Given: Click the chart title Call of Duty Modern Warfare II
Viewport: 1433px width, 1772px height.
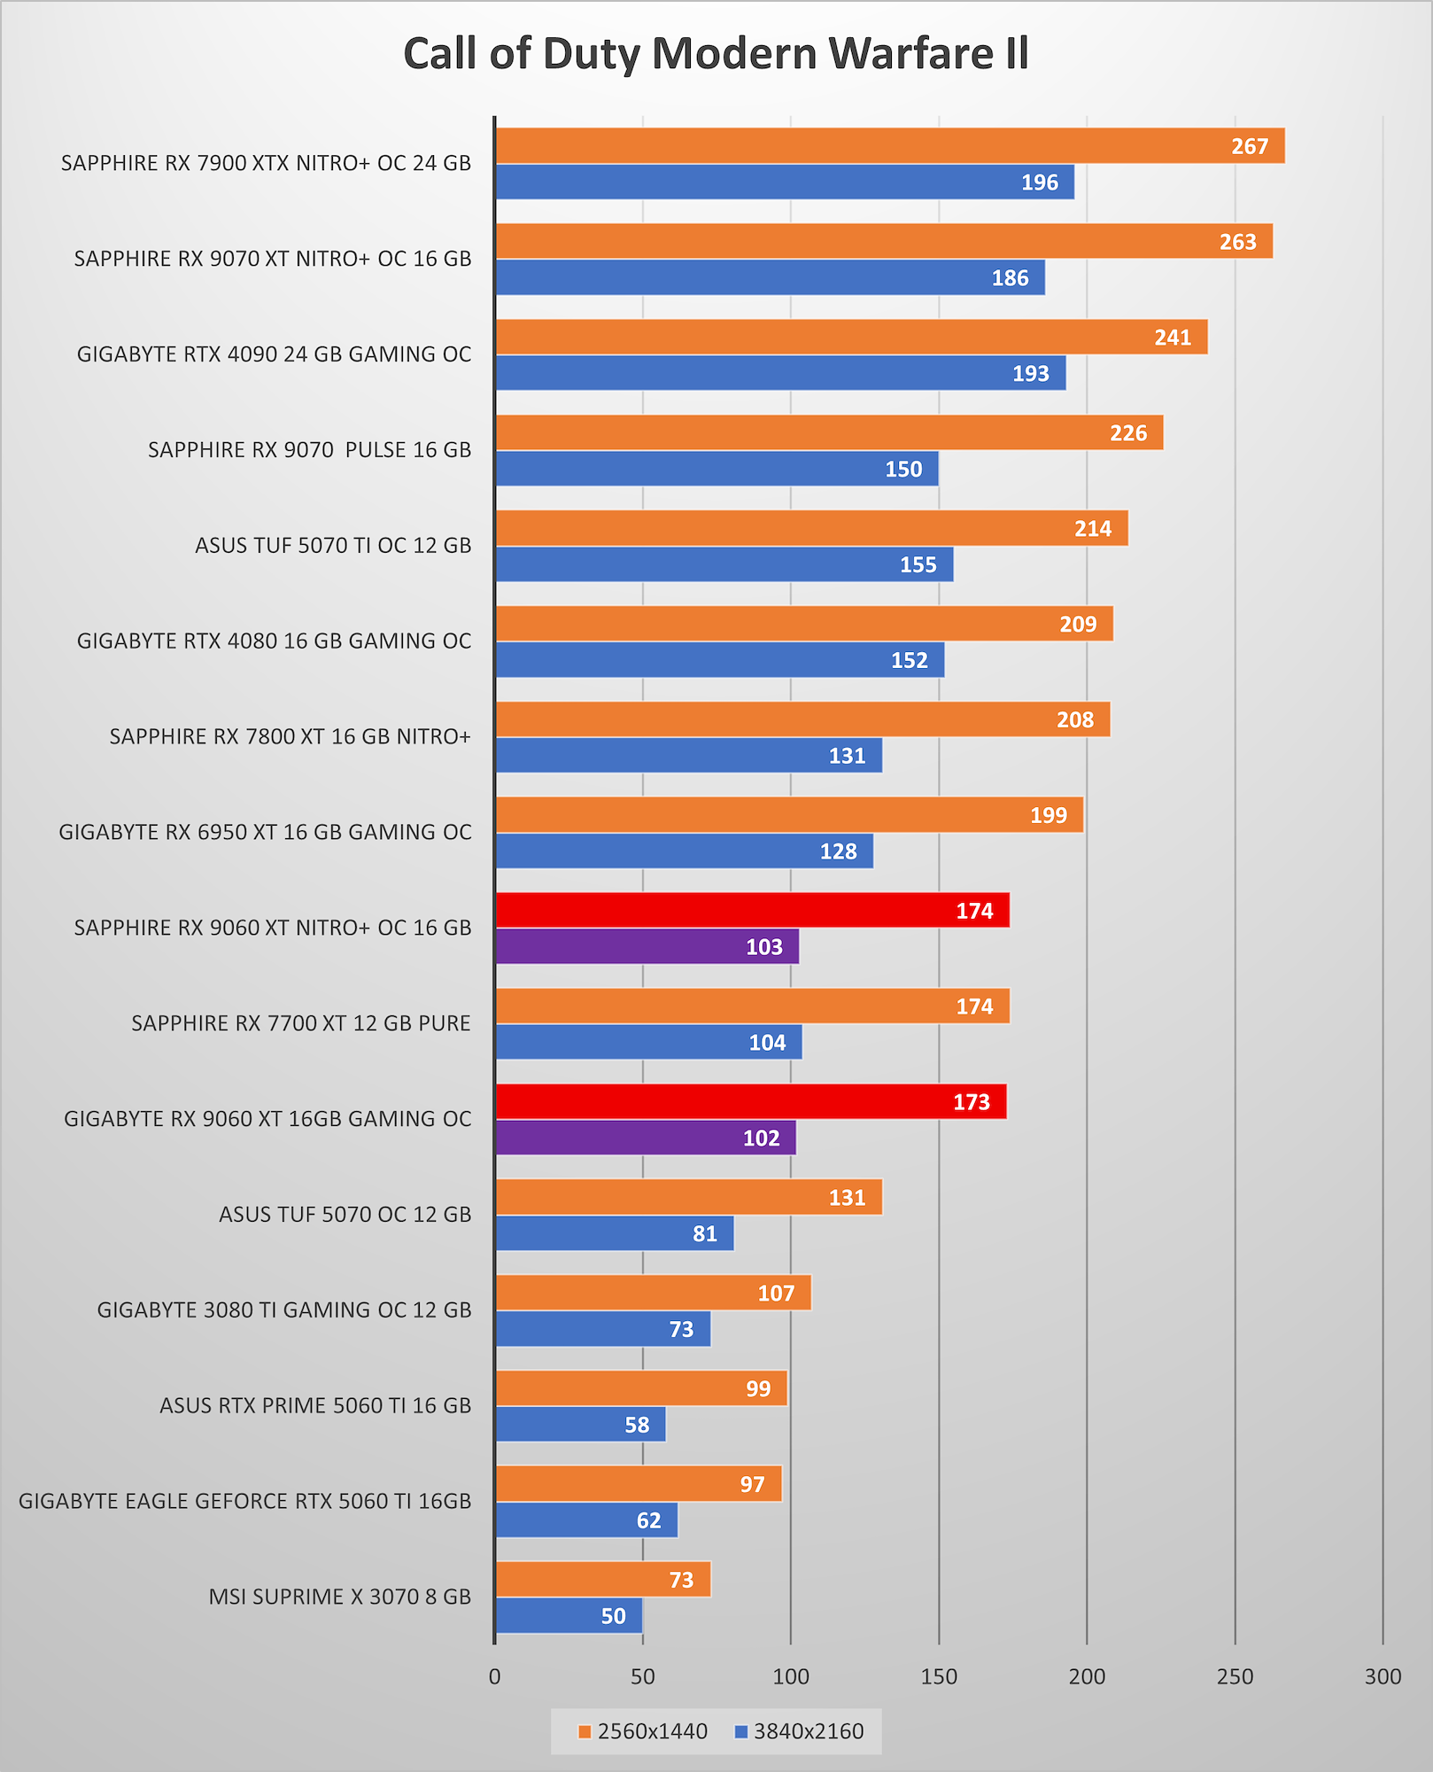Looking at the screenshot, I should [x=716, y=54].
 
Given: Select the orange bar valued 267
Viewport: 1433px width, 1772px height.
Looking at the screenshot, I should [x=889, y=146].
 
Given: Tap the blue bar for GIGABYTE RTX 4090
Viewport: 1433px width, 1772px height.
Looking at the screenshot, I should [x=779, y=373].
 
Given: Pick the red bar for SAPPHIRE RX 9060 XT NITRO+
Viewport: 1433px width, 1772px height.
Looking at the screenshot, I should [x=752, y=911].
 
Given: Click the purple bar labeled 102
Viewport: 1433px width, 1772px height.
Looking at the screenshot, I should [x=646, y=1138].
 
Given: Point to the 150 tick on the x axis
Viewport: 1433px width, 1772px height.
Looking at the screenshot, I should [x=939, y=1676].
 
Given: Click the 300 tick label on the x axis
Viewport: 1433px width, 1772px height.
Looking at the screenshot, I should [x=1383, y=1676].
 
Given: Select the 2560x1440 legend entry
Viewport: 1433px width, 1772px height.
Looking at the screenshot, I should [x=643, y=1731].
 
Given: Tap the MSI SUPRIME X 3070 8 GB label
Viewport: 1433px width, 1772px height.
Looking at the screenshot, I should [x=339, y=1597].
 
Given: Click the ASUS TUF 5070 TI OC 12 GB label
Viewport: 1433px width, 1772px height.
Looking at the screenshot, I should [x=333, y=545].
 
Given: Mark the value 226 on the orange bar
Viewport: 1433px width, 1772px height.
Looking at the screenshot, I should [x=1128, y=433].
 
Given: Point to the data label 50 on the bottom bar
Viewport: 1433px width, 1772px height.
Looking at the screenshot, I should [x=613, y=1616].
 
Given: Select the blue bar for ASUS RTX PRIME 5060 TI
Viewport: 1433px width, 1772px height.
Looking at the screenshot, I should [x=580, y=1425].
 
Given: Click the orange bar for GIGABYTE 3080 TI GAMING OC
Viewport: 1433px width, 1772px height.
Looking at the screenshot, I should [x=653, y=1294].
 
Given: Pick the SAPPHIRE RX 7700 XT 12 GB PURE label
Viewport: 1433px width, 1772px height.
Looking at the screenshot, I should [x=301, y=1023].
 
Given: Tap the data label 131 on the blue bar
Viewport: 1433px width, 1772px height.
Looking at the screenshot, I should [x=847, y=756].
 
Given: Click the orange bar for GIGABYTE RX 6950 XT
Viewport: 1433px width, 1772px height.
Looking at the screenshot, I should [x=789, y=815].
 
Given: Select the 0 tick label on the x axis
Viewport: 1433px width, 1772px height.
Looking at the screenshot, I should [x=494, y=1676].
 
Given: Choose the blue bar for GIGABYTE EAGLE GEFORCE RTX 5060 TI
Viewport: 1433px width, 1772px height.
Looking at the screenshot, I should [x=586, y=1520].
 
